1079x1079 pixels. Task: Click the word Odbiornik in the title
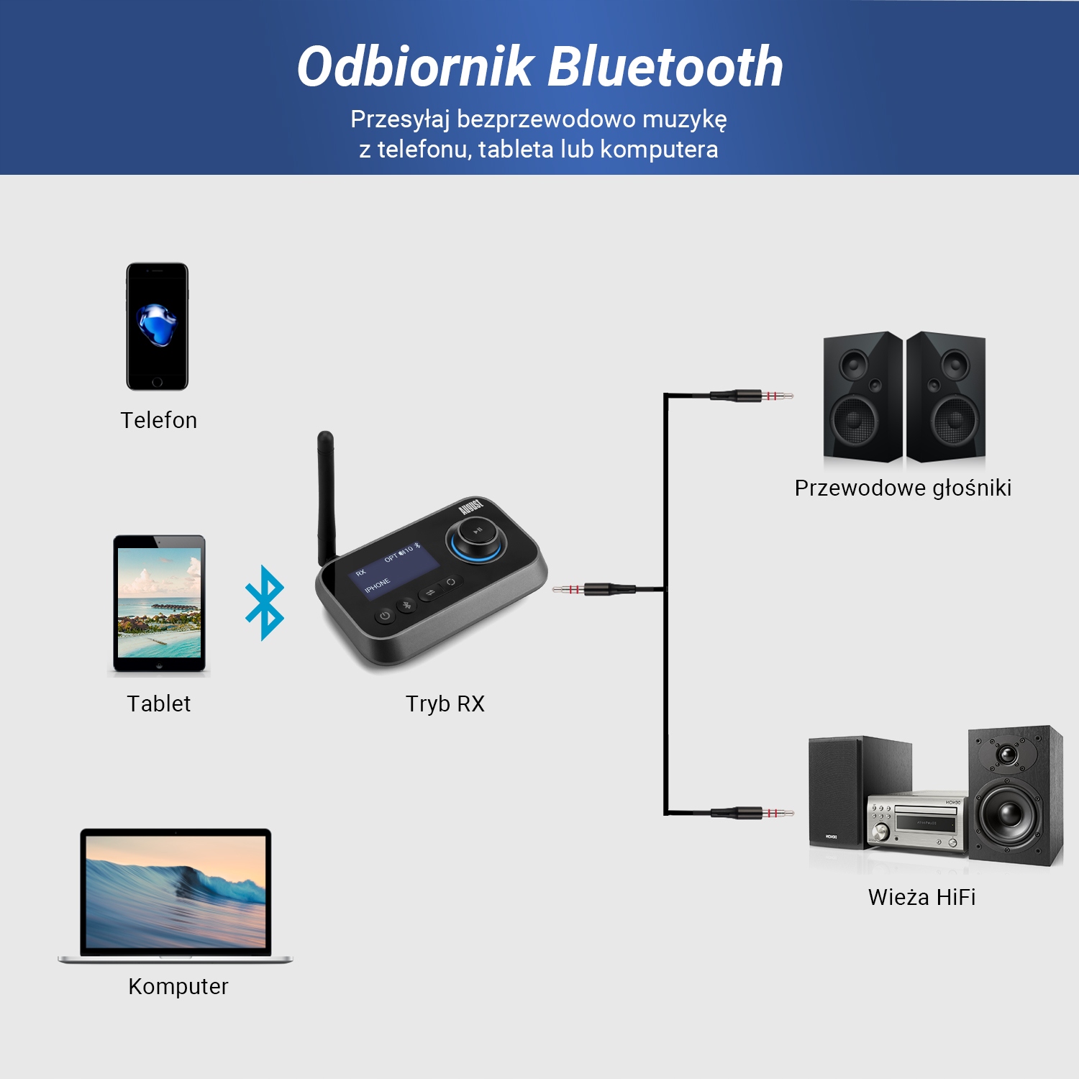(415, 67)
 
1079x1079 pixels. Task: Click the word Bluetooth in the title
(665, 67)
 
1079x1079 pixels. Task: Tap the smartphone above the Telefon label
(157, 327)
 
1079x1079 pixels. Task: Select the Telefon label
(158, 420)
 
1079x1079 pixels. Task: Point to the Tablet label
(158, 704)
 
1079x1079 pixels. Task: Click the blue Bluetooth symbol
(265, 603)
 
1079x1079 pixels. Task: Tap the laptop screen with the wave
(176, 893)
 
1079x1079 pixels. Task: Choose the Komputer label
(178, 986)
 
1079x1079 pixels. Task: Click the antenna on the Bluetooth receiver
(326, 496)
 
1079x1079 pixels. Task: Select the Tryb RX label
(445, 704)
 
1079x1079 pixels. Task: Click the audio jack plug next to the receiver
(593, 590)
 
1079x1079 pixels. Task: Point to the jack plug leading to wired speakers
(752, 395)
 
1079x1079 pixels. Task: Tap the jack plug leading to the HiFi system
(752, 813)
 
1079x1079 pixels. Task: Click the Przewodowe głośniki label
(903, 488)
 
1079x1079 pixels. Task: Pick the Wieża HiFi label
(921, 897)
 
